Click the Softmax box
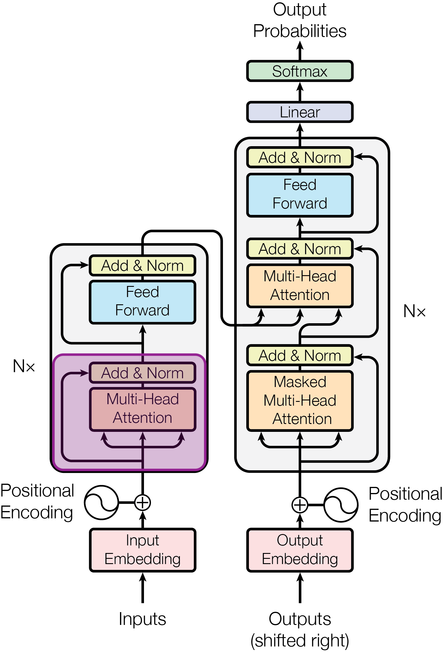pyautogui.click(x=300, y=71)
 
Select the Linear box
pyautogui.click(x=300, y=112)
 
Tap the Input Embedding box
pyautogui.click(x=143, y=550)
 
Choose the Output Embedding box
pyautogui.click(x=300, y=550)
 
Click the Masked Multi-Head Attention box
pyautogui.click(x=300, y=400)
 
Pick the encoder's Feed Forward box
pyautogui.click(x=143, y=302)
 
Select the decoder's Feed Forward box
pyautogui.click(x=300, y=195)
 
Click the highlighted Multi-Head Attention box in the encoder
pyautogui.click(x=143, y=409)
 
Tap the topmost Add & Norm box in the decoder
pyautogui.click(x=300, y=157)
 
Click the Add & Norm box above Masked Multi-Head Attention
pyautogui.click(x=300, y=355)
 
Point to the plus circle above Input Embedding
pyautogui.click(x=143, y=502)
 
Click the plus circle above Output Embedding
pyautogui.click(x=300, y=505)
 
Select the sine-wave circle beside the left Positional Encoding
pyautogui.click(x=101, y=502)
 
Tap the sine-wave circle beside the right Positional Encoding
pyautogui.click(x=341, y=505)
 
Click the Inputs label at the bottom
pyautogui.click(x=143, y=619)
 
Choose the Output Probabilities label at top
pyautogui.click(x=300, y=20)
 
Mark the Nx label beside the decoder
pyautogui.click(x=414, y=311)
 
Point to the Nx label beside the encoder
pyautogui.click(x=24, y=366)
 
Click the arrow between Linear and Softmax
pyautogui.click(x=300, y=92)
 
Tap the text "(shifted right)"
pyautogui.click(x=300, y=640)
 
